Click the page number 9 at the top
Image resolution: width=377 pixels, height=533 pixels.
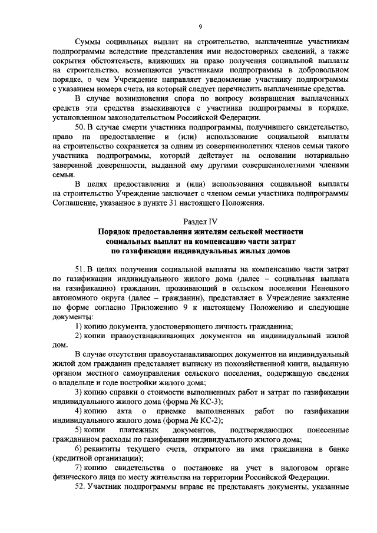tap(200, 27)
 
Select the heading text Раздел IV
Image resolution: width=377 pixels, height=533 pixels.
tap(200, 221)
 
